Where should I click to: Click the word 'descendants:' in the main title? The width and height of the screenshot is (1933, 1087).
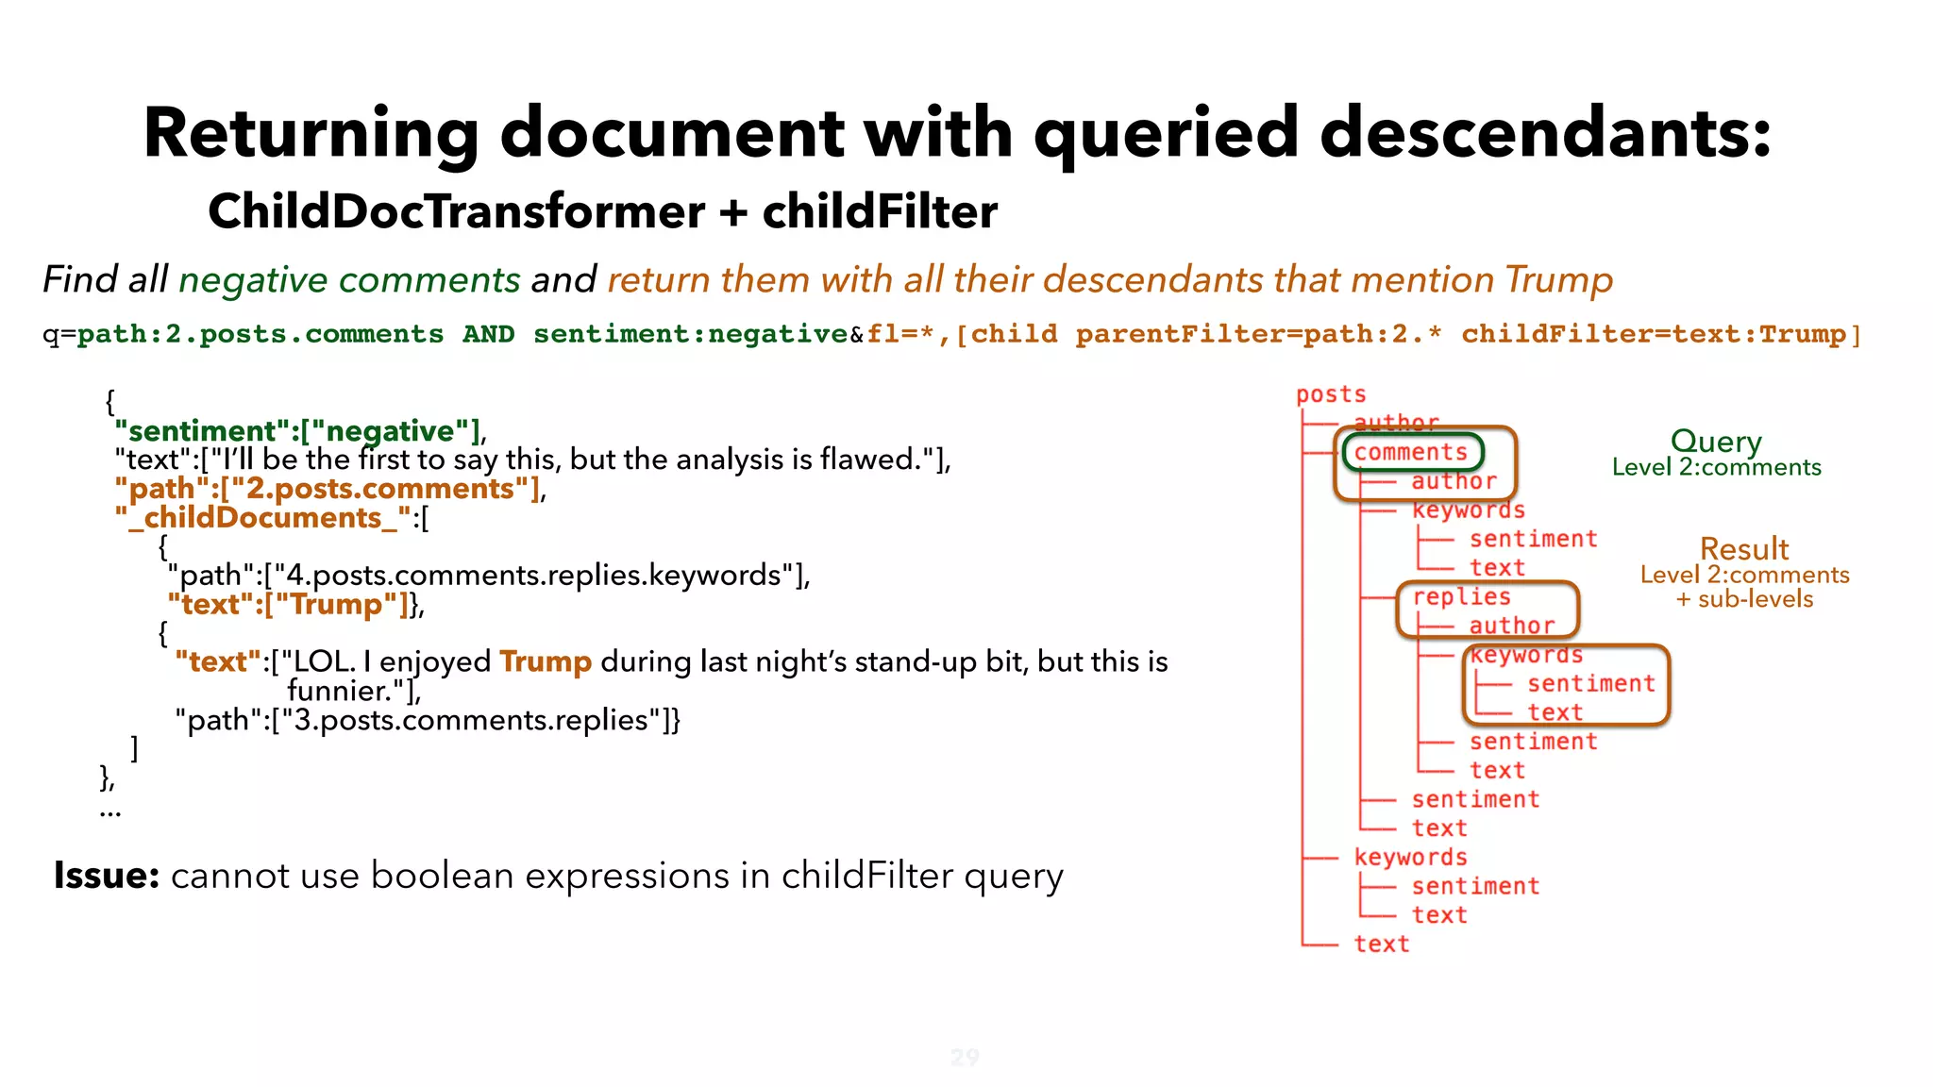pos(1545,133)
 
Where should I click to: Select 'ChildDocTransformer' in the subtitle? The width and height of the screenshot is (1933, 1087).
pos(456,211)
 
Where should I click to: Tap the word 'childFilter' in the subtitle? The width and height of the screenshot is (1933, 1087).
pos(880,211)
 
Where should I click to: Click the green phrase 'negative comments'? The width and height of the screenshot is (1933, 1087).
pos(349,280)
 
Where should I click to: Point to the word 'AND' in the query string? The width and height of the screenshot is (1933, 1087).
pos(488,334)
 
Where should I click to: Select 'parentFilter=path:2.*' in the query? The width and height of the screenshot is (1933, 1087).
pos(1258,334)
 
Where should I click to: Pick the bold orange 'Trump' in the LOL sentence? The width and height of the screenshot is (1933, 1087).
pos(545,661)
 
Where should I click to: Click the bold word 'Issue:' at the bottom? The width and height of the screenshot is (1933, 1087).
pos(107,876)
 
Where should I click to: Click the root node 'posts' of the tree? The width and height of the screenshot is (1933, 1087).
pos(1330,394)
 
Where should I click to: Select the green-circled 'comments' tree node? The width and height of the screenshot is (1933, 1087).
pos(1411,453)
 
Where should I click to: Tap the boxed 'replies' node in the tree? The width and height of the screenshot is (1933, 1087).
pos(1461,597)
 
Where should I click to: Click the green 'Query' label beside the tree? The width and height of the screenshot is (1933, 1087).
pos(1715,441)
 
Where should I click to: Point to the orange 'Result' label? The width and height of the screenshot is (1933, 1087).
pos(1743,549)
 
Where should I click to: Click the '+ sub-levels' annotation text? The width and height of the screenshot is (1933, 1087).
pos(1743,599)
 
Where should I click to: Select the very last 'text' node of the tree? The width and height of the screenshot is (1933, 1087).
pos(1381,945)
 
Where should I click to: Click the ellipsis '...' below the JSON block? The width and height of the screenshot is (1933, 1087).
pos(109,811)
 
